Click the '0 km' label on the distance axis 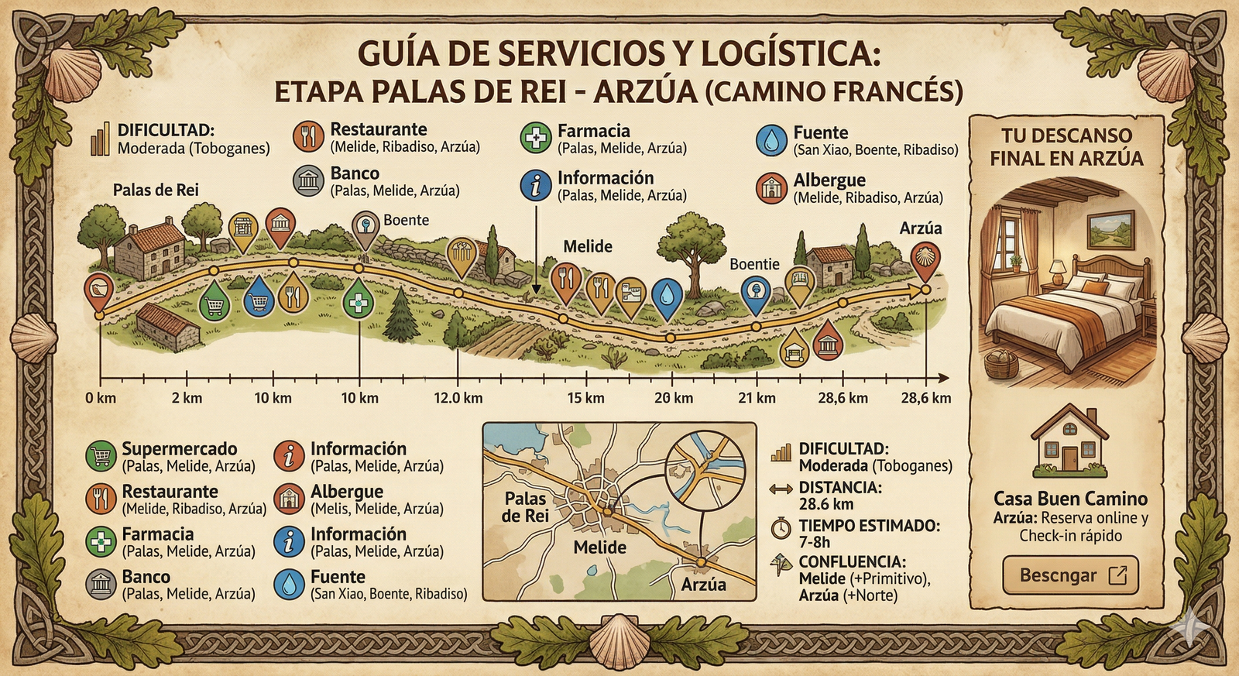point(101,398)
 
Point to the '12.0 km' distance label point(458,398)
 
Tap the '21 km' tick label point(757,398)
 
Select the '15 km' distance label point(585,398)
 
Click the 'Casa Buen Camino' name point(1070,499)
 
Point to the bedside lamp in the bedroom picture point(1058,270)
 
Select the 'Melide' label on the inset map point(599,547)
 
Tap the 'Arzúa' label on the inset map point(703,585)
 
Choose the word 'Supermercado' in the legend point(180,449)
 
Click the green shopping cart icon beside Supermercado point(101,457)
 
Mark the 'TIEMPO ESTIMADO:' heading point(870,526)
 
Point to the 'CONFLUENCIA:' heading point(852,561)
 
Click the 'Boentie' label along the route point(754,264)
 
